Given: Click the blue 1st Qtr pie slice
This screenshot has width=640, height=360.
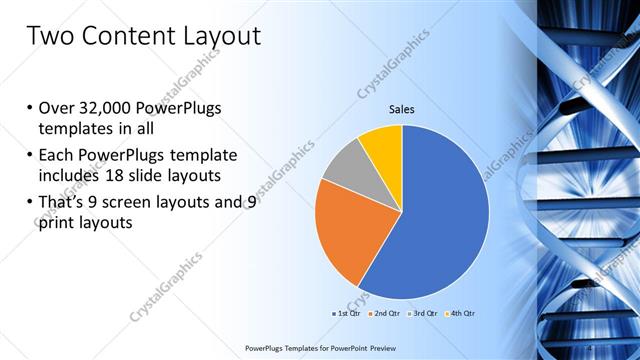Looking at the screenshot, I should (x=440, y=210).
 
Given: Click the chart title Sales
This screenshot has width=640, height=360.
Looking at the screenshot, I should (x=401, y=109).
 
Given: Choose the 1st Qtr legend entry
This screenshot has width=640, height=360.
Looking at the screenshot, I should (x=346, y=313).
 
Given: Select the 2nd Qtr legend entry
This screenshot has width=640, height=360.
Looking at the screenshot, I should (x=386, y=313).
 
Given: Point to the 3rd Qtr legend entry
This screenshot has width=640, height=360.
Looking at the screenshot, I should (x=424, y=313).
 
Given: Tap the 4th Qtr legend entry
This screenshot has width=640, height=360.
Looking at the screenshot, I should (x=460, y=313).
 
